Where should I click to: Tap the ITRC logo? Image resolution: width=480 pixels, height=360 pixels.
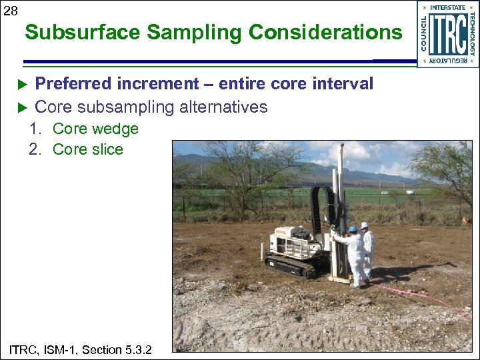[x=447, y=34]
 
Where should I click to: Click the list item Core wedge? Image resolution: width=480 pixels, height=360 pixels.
[x=95, y=129]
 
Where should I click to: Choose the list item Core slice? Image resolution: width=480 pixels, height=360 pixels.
[x=87, y=149]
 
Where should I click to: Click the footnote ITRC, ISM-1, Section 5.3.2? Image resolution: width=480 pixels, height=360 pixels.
[x=81, y=349]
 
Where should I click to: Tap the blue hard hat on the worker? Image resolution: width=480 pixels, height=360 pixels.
[x=353, y=229]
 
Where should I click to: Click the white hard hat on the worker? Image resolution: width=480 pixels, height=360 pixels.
[x=364, y=225]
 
